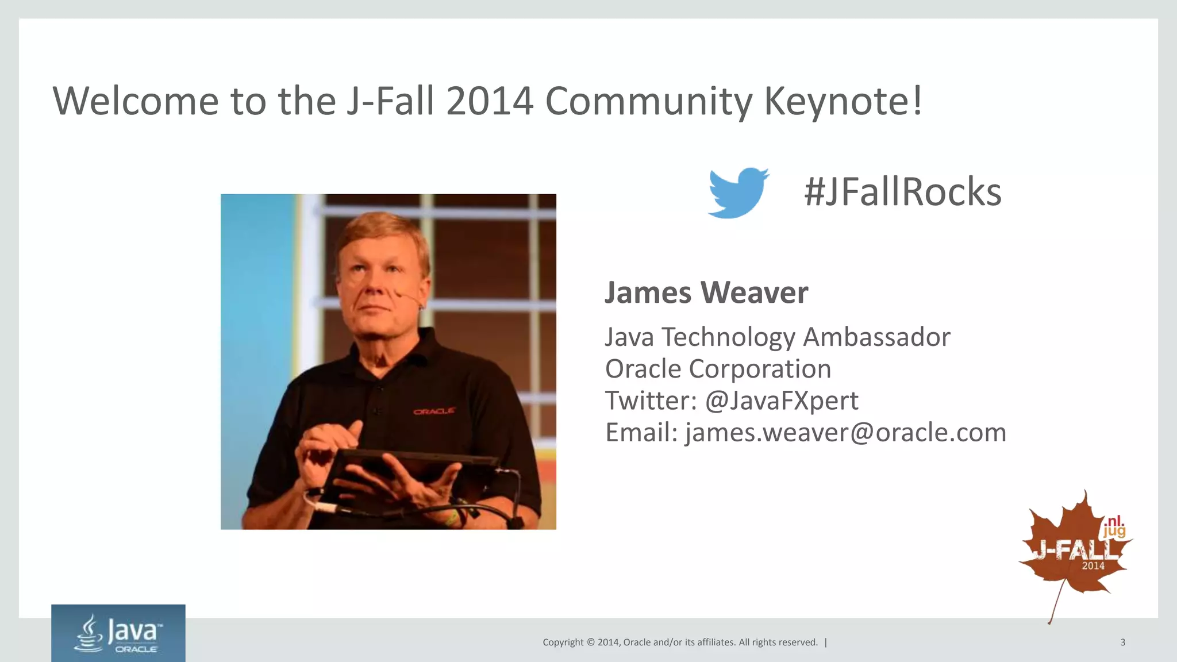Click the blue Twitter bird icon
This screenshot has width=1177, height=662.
point(738,193)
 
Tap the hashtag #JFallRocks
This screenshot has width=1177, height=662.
point(902,192)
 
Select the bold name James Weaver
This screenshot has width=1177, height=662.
point(706,292)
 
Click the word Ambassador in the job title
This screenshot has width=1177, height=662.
point(876,337)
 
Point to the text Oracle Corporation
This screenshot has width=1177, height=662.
point(718,369)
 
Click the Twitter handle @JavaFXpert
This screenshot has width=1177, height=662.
point(782,401)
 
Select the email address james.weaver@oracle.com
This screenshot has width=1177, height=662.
point(845,433)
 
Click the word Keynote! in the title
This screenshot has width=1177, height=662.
point(843,101)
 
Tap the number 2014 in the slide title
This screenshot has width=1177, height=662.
point(490,101)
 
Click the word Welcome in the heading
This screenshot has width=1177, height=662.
point(136,101)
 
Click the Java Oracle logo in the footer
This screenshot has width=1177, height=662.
point(118,633)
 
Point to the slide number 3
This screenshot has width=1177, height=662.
point(1122,642)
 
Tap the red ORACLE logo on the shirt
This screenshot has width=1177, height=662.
point(434,411)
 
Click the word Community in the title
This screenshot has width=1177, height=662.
point(648,101)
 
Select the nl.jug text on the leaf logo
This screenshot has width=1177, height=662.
point(1114,526)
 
